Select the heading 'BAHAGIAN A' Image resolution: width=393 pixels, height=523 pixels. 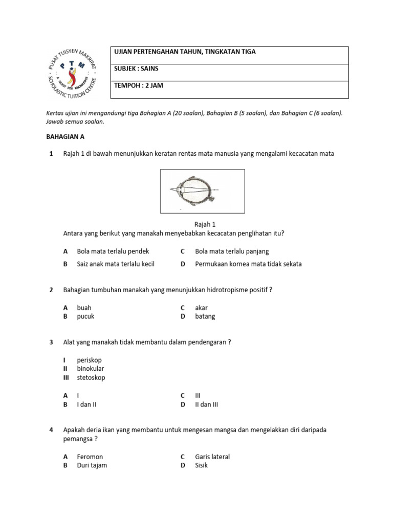65,137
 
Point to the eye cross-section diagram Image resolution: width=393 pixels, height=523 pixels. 202,191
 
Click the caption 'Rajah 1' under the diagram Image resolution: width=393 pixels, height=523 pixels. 205,224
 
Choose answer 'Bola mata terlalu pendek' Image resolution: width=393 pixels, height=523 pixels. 113,251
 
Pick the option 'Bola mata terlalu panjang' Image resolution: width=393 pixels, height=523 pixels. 232,251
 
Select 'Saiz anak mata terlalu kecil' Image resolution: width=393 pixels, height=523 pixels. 116,264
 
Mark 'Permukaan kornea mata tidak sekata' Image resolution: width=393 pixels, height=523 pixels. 248,264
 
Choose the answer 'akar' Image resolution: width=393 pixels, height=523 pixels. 201,308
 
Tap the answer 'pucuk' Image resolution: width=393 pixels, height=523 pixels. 85,316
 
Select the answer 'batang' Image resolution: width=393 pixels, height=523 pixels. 205,316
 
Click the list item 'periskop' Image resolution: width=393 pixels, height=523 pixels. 90,360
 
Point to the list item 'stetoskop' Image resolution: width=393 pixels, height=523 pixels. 91,377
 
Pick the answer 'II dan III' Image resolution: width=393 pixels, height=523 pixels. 207,405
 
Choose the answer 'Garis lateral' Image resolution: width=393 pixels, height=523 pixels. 212,457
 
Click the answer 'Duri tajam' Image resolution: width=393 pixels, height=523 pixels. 92,465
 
